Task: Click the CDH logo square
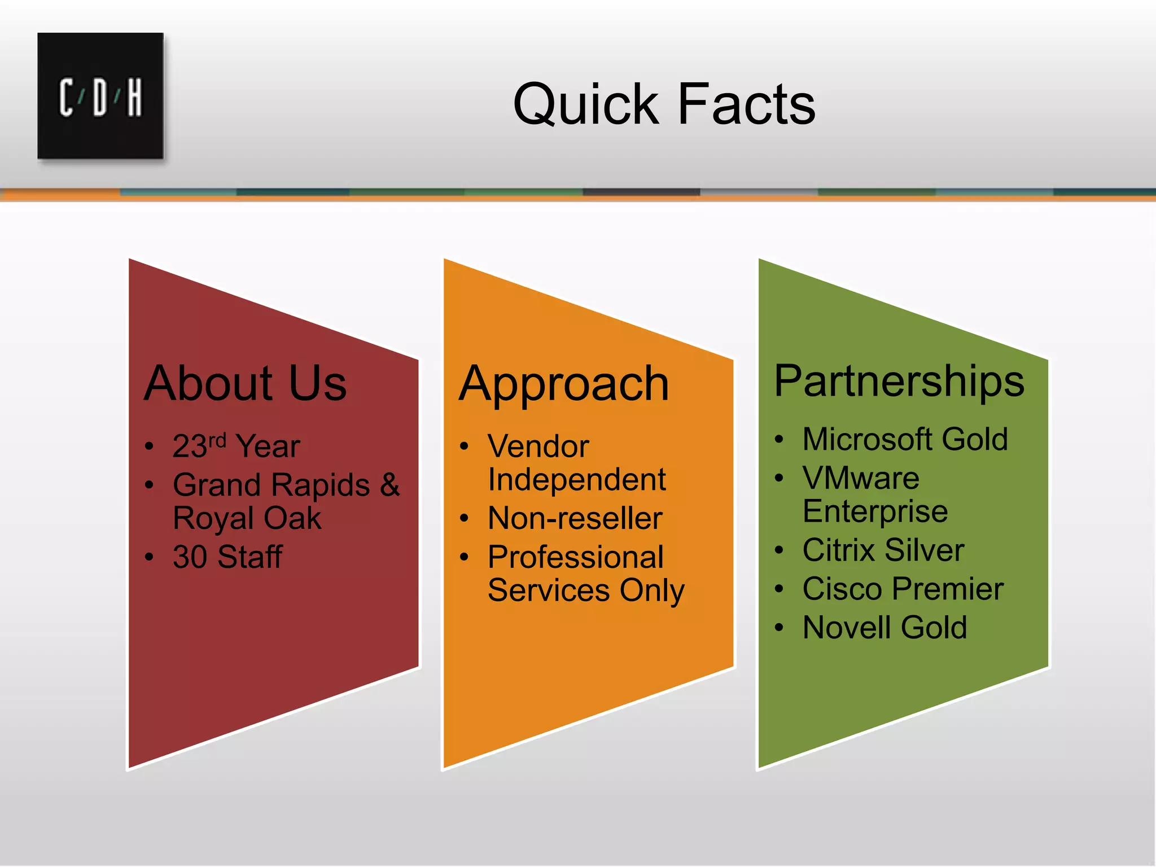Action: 100,95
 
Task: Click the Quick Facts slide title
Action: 664,104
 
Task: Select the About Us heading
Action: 245,383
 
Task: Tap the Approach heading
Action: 564,384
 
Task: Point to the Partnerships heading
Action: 899,381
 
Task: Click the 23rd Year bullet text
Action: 236,446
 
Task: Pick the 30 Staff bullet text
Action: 227,557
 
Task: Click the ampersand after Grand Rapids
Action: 389,484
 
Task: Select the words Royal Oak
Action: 247,518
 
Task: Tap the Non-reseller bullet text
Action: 575,518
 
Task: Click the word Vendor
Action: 538,446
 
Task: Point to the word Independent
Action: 577,480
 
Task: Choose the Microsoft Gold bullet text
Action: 905,439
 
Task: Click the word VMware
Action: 861,478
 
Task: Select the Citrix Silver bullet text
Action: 883,550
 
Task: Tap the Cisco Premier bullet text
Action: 903,589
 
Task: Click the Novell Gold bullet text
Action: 884,627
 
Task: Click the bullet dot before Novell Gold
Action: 780,628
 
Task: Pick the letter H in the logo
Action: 134,98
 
